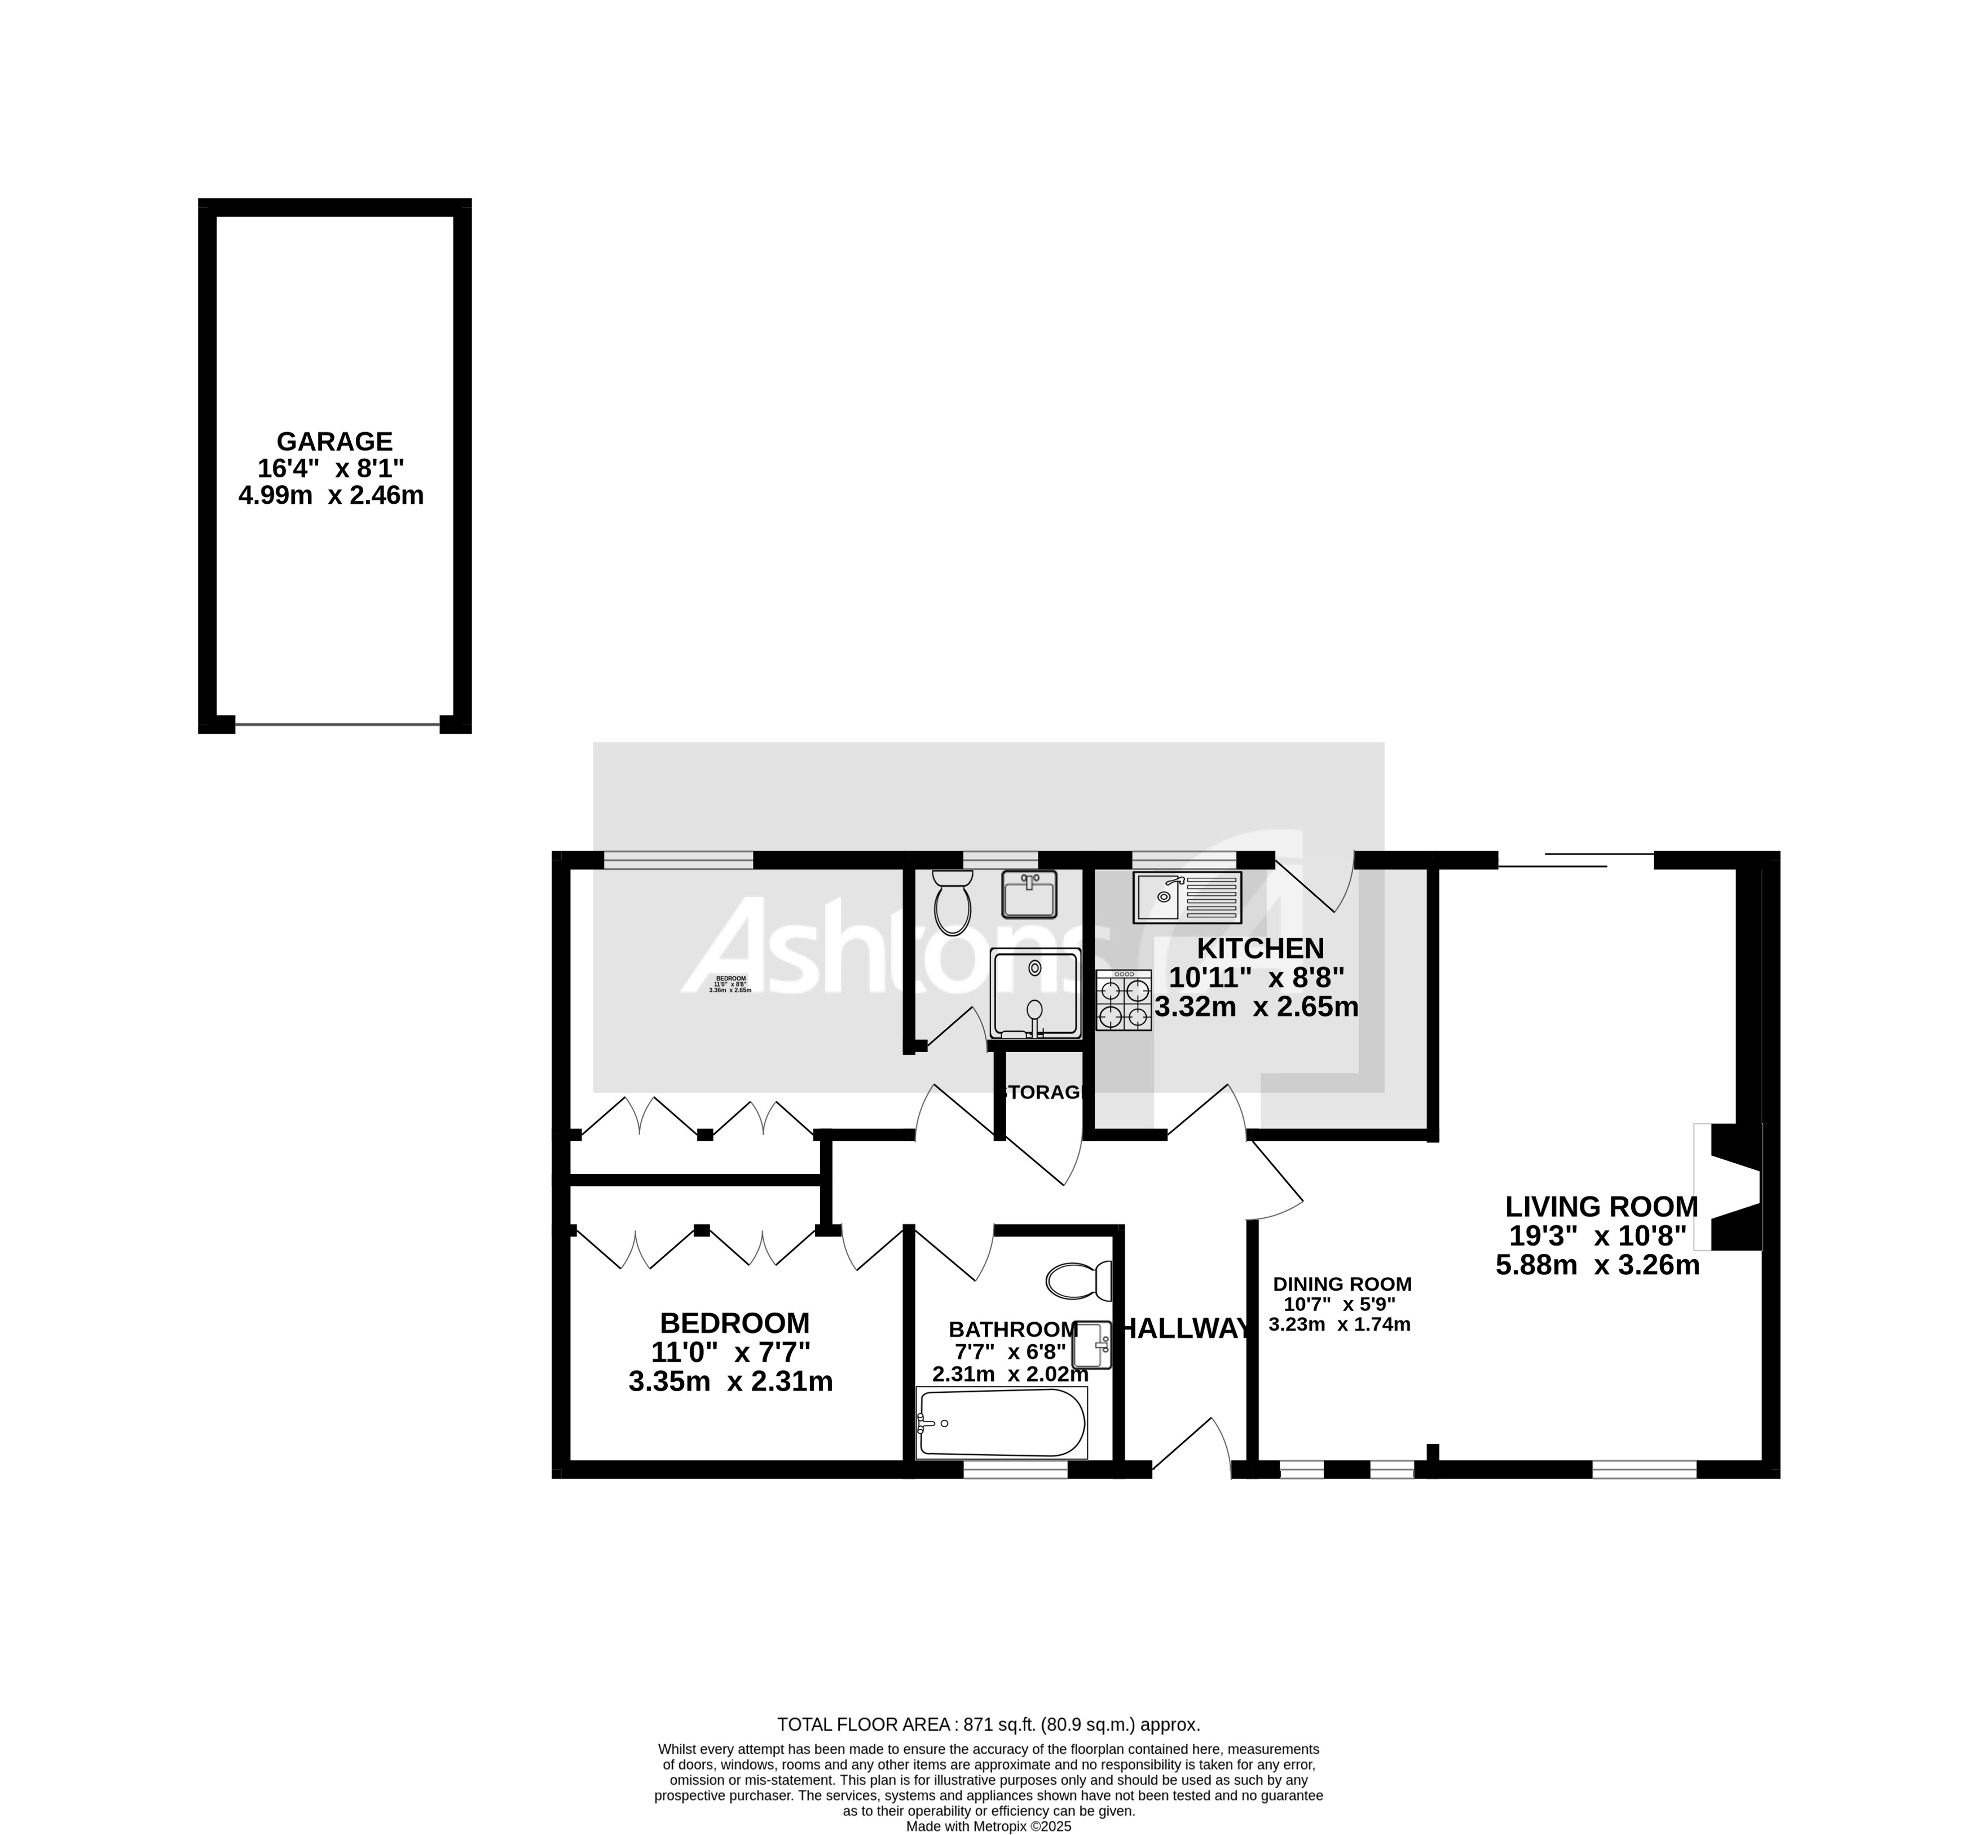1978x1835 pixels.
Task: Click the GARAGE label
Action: (334, 441)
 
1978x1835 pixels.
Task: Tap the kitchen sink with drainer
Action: (1187, 897)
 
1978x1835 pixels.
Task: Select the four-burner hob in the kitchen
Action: (1123, 1001)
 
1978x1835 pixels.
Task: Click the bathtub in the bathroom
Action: (1000, 1423)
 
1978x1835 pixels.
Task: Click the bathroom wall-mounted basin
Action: (1092, 1344)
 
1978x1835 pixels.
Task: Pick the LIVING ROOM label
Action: (1601, 1207)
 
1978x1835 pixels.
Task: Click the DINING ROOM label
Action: (1341, 1284)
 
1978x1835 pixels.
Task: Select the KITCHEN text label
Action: (1259, 948)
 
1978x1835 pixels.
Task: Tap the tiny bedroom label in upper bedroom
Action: (730, 984)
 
